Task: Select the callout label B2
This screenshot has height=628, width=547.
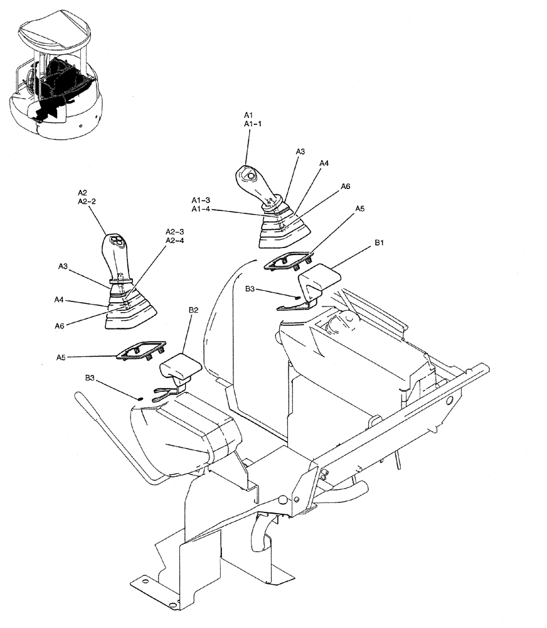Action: click(193, 310)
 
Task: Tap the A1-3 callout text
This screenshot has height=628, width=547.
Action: click(201, 200)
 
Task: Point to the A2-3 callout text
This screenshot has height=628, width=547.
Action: click(174, 231)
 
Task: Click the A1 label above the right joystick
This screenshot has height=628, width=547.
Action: click(248, 115)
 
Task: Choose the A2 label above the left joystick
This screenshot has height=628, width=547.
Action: click(83, 192)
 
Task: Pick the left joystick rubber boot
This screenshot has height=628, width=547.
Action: click(130, 309)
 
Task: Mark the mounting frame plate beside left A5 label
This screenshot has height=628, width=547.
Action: click(141, 351)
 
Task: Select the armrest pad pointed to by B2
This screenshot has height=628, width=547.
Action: click(180, 368)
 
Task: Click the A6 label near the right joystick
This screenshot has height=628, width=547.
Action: click(345, 187)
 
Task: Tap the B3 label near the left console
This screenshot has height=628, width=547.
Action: click(91, 377)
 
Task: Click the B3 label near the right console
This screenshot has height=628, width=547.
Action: click(250, 290)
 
